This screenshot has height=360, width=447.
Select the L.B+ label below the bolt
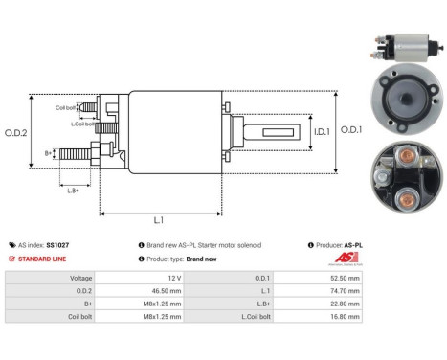pyautogui.click(x=72, y=191)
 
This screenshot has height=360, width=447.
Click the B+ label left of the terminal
pyautogui.click(x=49, y=152)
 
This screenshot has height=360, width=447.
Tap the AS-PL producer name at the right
pyautogui.click(x=353, y=245)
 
